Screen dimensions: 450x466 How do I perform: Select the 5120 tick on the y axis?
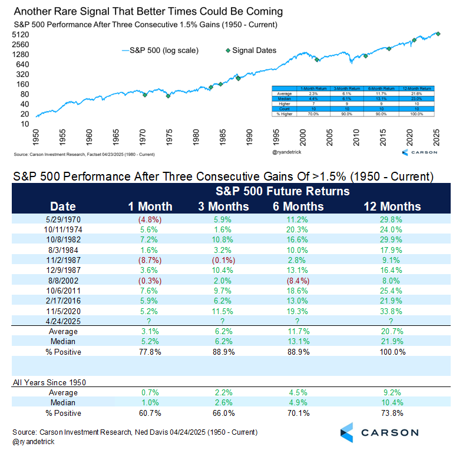tap(21, 35)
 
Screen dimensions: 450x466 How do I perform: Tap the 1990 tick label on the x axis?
tap(249, 140)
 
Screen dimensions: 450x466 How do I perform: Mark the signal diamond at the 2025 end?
tap(438, 34)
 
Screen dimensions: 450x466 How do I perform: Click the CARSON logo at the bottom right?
tap(379, 432)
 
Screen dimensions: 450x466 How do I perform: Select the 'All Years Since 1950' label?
tap(49, 382)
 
